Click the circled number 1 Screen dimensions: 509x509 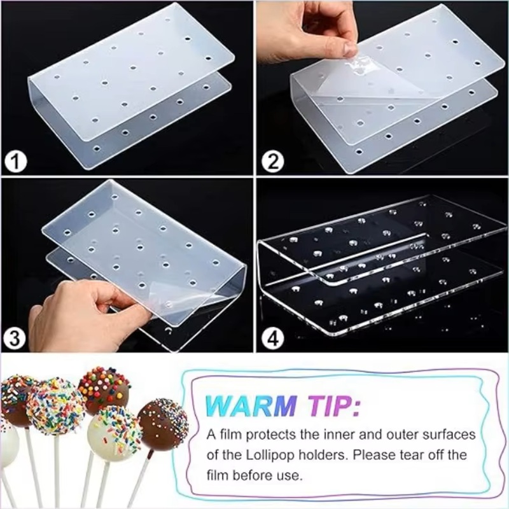click(15, 162)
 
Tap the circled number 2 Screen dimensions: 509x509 click(274, 162)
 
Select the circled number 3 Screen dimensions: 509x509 click(14, 338)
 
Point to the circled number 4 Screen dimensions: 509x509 click(274, 338)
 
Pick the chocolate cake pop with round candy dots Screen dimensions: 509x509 click(104, 391)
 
